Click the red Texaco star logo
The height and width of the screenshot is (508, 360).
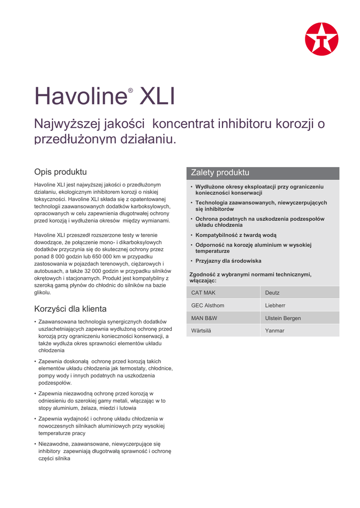(321, 39)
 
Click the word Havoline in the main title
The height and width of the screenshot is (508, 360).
(80, 97)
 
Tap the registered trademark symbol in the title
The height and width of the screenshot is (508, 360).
(131, 91)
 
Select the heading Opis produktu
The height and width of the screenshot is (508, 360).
(60, 172)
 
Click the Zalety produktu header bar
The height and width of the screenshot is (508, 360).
(263, 173)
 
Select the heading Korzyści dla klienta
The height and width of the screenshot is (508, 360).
(70, 309)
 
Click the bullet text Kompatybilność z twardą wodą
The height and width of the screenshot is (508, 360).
(236, 235)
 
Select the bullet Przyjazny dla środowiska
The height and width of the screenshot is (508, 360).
(228, 261)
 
